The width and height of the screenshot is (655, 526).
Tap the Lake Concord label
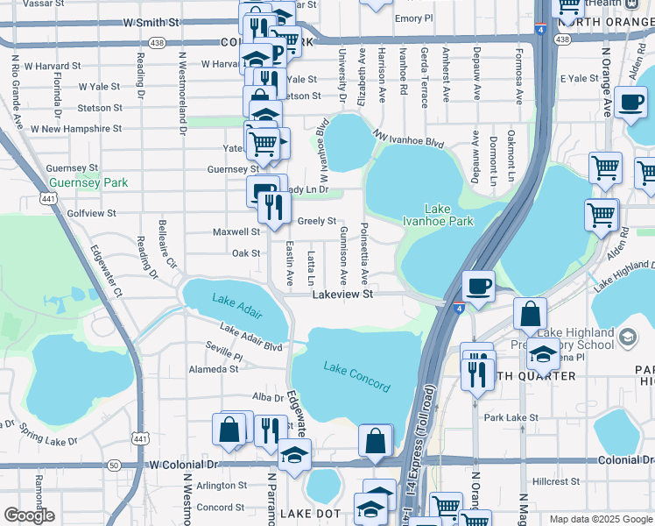click(356, 376)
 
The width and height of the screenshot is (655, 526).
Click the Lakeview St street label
click(343, 295)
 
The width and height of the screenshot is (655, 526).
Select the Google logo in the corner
click(29, 515)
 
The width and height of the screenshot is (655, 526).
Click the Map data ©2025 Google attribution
click(600, 519)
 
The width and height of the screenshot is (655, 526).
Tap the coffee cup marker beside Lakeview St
click(478, 287)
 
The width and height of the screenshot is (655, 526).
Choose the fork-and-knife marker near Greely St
click(274, 207)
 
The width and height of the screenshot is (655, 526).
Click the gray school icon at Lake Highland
click(627, 337)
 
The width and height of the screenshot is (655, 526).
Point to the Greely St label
click(317, 221)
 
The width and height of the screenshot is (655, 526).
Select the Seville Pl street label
click(226, 357)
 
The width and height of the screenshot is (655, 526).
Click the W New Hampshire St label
click(76, 128)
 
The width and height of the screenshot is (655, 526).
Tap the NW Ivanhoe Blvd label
click(408, 138)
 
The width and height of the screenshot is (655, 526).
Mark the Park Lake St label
click(511, 417)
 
